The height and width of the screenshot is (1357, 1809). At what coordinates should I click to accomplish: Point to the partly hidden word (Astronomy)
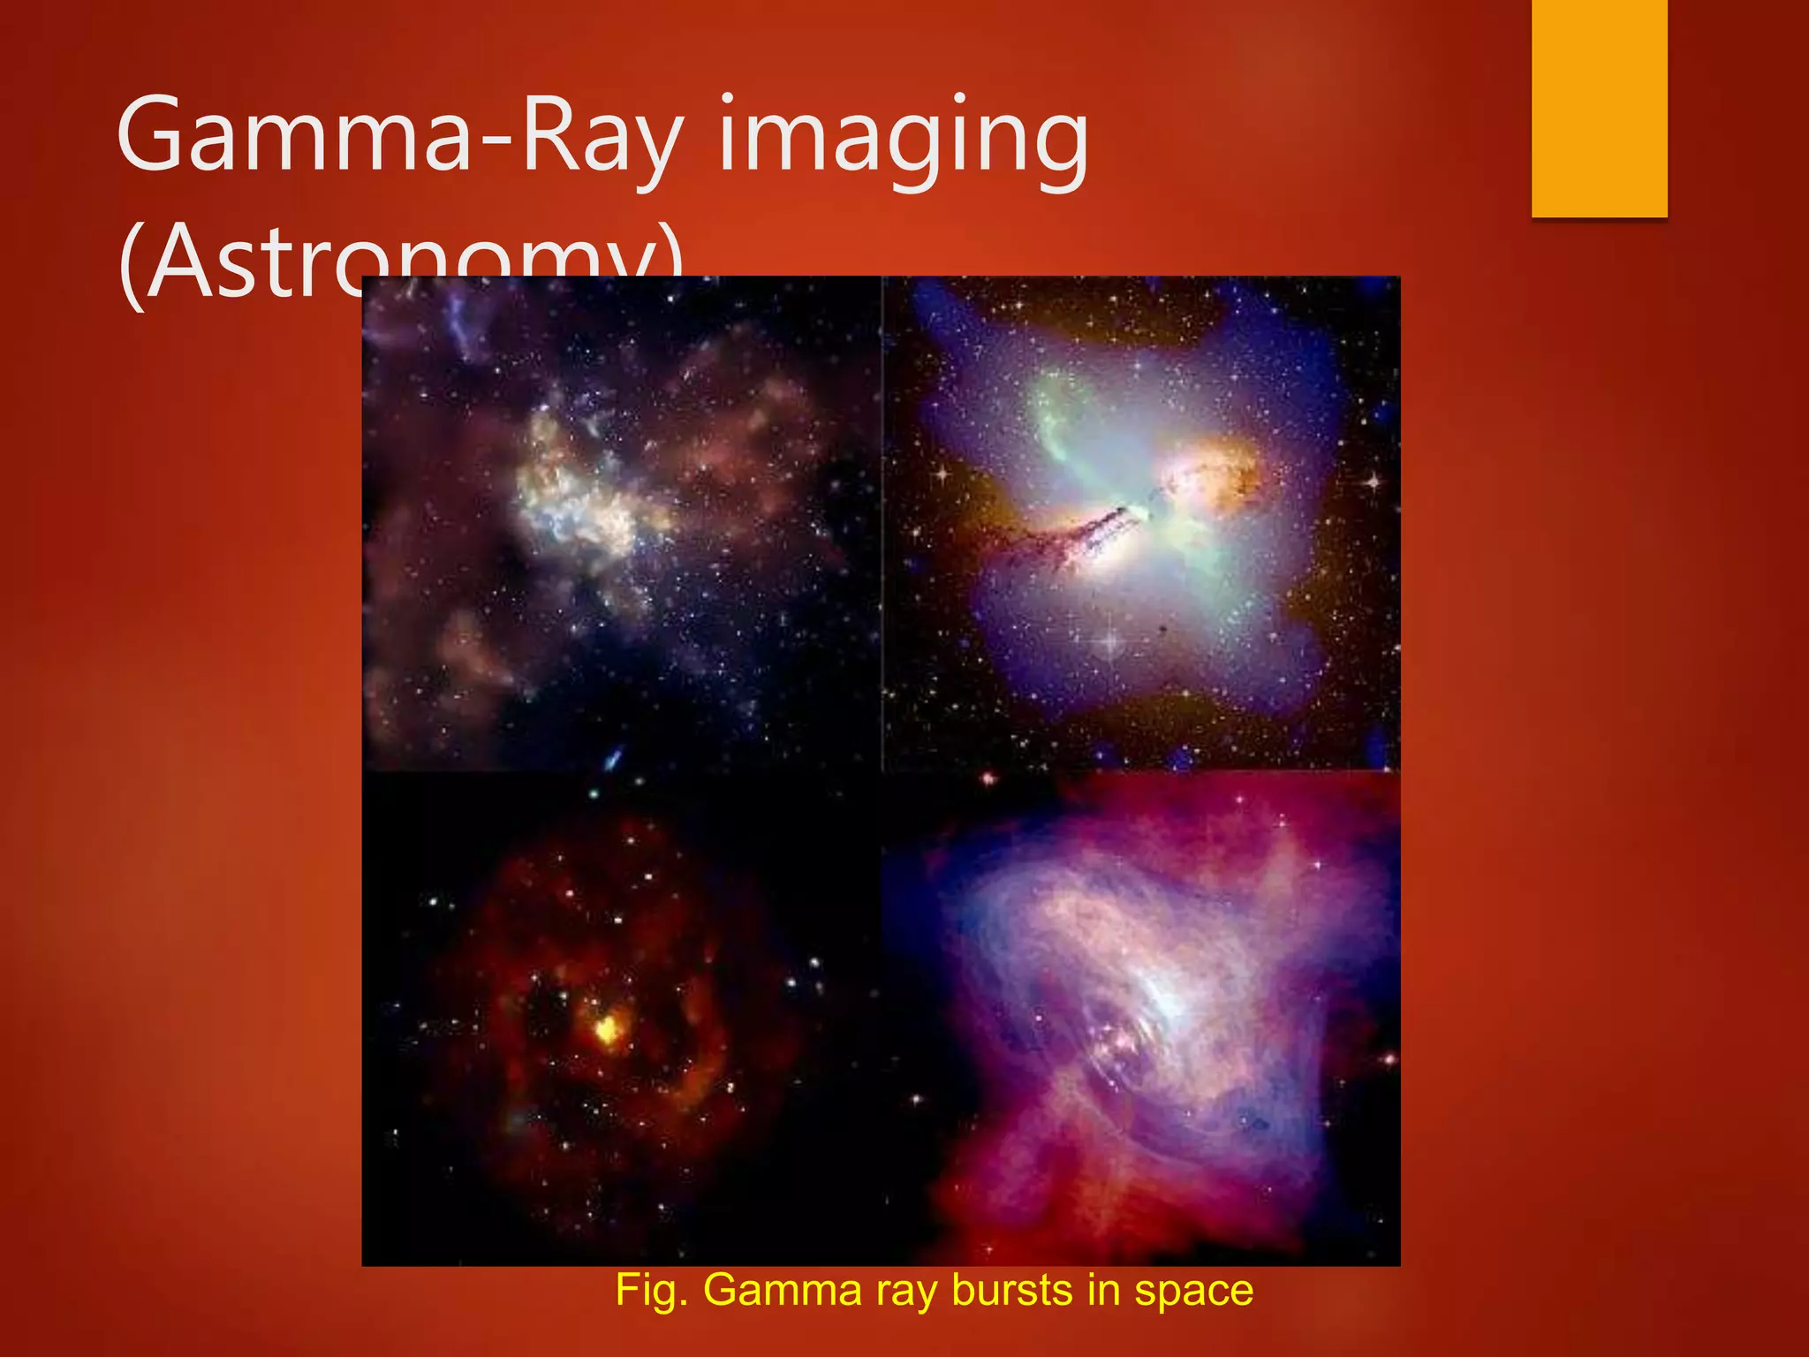tap(265, 261)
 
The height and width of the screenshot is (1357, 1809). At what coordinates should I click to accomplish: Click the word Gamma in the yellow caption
tap(782, 1290)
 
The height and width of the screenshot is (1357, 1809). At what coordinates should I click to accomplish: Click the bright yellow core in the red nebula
tap(607, 1027)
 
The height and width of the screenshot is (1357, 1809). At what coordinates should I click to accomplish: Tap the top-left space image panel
tap(621, 523)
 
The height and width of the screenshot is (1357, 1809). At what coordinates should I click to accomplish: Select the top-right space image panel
tap(1141, 523)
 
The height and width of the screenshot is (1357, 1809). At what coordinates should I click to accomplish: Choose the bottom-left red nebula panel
tap(621, 1018)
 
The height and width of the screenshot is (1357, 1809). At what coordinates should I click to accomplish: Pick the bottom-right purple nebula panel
tap(1141, 1018)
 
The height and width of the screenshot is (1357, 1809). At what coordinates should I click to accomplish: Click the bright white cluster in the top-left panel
tap(574, 495)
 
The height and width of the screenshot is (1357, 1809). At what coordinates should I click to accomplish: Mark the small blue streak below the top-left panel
tap(613, 758)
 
